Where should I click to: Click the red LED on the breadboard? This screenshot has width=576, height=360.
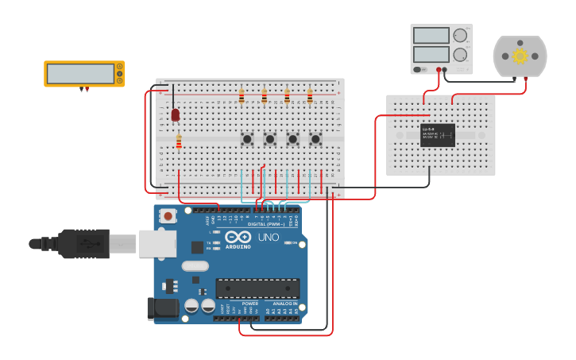(x=176, y=115)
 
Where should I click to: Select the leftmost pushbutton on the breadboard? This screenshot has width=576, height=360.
(x=247, y=139)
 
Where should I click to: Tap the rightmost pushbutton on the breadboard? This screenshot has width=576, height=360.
(x=315, y=139)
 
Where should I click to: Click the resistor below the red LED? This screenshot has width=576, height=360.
(x=179, y=142)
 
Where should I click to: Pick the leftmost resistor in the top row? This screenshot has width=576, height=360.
(x=242, y=98)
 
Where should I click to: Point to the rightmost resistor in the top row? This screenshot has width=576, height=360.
(x=310, y=98)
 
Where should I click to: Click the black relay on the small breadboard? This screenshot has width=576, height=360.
(x=438, y=135)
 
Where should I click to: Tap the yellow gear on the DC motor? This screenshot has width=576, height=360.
(x=520, y=56)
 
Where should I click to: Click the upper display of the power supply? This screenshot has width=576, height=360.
(x=431, y=36)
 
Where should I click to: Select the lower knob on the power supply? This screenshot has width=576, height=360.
(x=460, y=54)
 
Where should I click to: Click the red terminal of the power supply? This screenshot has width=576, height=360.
(x=439, y=70)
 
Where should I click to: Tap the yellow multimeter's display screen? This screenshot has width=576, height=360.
(x=80, y=74)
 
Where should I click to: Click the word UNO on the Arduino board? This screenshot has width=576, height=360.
(x=268, y=237)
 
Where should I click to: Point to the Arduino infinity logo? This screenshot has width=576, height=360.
(x=238, y=236)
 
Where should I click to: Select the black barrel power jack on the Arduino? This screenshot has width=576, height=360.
(x=163, y=308)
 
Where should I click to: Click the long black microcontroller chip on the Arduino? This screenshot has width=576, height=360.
(x=257, y=288)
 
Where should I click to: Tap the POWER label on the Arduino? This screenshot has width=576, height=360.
(x=250, y=304)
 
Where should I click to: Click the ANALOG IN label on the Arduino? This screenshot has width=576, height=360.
(x=286, y=304)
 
